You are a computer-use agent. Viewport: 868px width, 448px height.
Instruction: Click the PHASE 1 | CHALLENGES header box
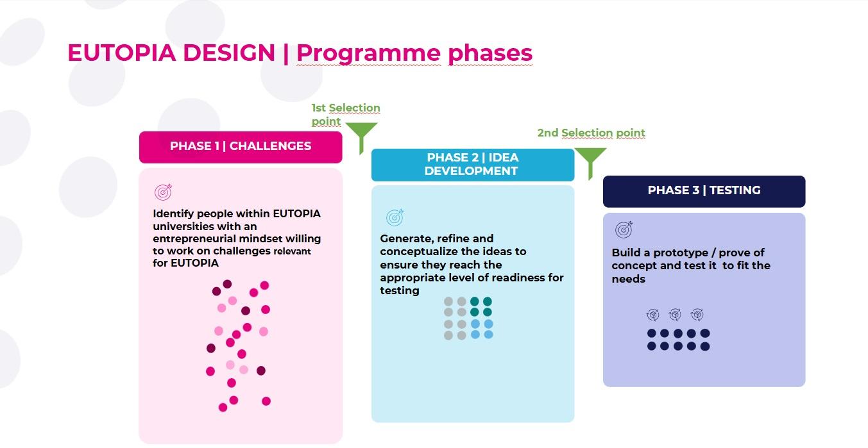241,146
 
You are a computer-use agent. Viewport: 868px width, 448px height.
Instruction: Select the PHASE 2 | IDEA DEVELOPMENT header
472,165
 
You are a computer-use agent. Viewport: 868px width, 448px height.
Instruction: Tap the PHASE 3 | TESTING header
704,190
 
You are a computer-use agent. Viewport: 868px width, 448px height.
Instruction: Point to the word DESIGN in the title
229,53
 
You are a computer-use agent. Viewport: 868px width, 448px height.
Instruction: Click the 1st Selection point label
345,114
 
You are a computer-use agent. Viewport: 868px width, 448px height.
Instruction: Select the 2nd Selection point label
591,133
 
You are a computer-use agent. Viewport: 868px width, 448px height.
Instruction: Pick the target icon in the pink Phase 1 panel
164,192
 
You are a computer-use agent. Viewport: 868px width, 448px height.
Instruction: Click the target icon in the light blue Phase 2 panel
395,217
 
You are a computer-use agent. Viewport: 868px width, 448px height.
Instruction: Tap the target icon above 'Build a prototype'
624,229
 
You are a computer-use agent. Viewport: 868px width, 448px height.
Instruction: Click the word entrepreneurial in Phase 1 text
192,238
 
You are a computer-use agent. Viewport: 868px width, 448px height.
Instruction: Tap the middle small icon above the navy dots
675,315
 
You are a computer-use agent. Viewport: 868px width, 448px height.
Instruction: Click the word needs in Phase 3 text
628,279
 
